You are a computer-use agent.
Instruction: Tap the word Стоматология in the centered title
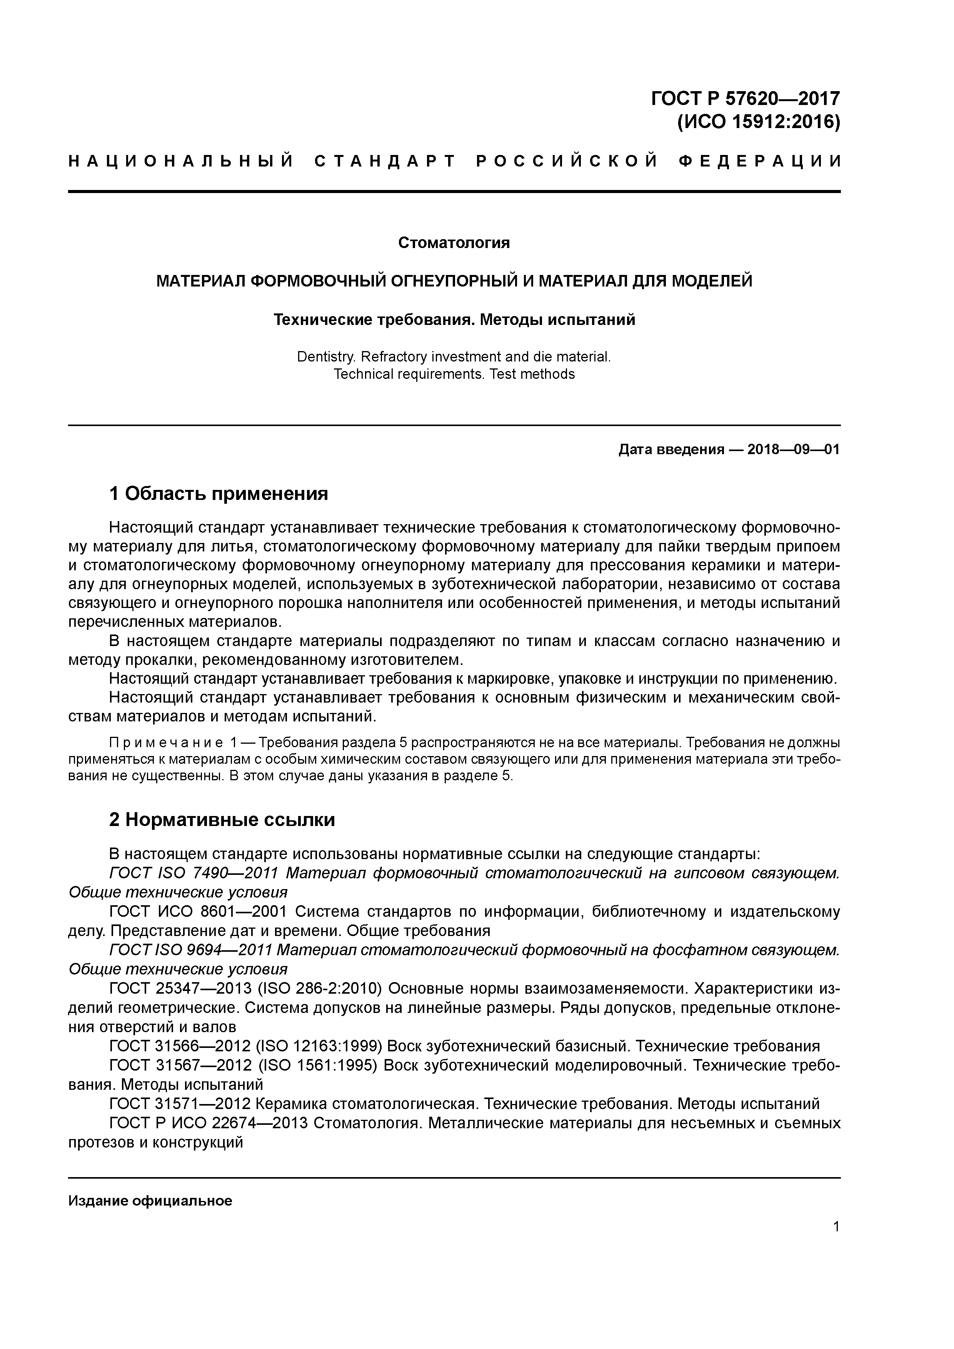pos(454,243)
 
